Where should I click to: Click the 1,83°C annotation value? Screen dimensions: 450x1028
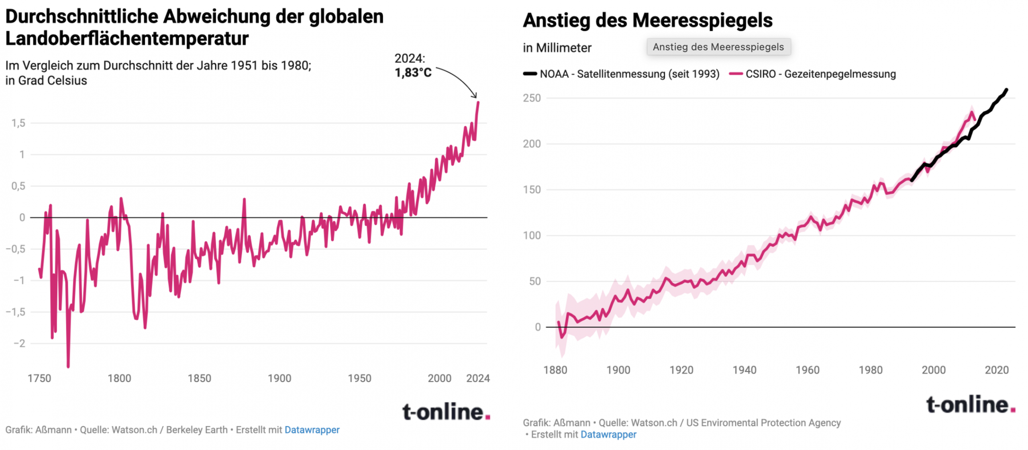[413, 73]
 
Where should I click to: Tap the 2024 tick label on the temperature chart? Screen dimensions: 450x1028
[477, 378]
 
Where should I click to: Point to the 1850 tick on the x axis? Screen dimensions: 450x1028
[199, 378]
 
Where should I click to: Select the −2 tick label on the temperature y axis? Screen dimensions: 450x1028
[19, 343]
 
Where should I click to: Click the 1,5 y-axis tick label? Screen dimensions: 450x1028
[18, 123]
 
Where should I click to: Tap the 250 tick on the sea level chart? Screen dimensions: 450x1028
[532, 98]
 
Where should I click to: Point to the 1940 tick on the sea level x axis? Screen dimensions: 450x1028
[744, 370]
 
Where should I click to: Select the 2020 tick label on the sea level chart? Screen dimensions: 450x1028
[996, 370]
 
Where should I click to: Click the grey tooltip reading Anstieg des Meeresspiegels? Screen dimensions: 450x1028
[718, 47]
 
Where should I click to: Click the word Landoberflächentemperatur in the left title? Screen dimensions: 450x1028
[127, 39]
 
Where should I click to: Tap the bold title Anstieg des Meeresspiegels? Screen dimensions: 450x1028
[647, 20]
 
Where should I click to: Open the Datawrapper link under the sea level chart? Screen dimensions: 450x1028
[608, 434]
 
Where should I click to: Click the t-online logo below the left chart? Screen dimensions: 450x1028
[446, 412]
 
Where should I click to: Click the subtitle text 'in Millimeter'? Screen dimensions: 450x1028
[557, 48]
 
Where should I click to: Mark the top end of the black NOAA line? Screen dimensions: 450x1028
[1006, 90]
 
